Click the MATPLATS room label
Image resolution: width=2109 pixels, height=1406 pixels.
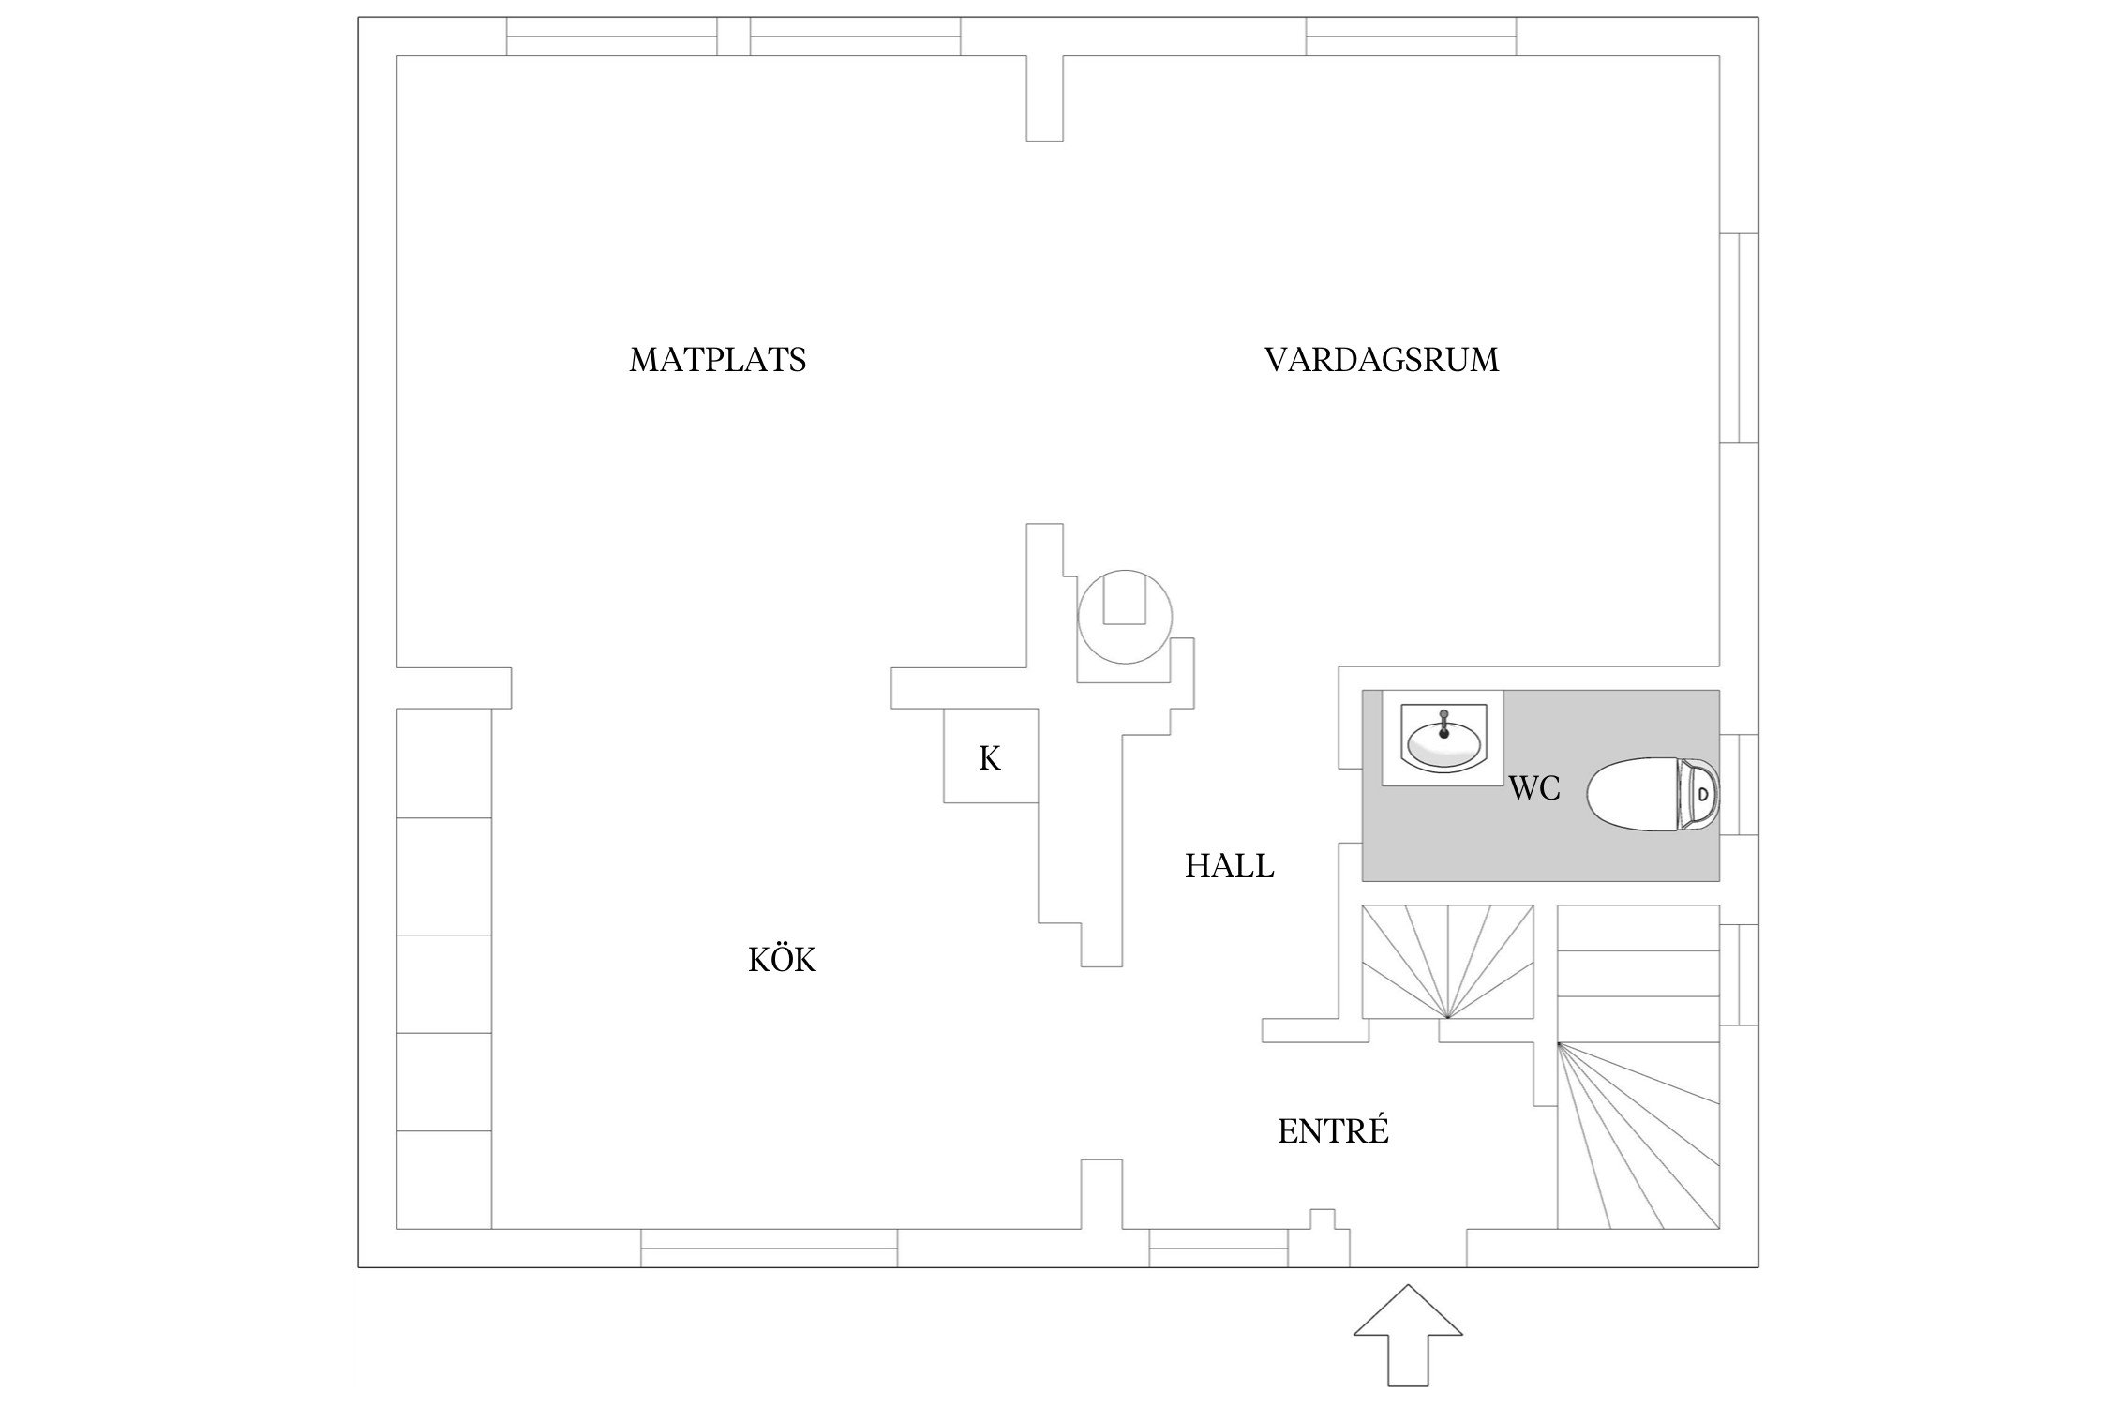click(x=717, y=360)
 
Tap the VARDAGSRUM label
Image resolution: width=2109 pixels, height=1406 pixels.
click(x=1381, y=360)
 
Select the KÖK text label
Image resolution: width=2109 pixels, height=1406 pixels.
click(x=782, y=960)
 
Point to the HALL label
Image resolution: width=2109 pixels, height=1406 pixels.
click(x=1229, y=866)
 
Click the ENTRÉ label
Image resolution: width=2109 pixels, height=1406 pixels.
click(x=1332, y=1132)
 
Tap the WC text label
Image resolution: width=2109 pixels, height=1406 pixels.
click(x=1534, y=789)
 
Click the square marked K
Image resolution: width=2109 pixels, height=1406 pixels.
click(x=990, y=756)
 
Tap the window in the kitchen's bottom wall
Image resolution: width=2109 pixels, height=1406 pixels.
click(x=769, y=1248)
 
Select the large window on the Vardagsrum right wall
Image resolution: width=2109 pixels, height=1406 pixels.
click(x=1739, y=337)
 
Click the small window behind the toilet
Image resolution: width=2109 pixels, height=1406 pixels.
click(x=1739, y=785)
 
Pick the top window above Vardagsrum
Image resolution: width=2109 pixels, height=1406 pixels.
click(x=1411, y=37)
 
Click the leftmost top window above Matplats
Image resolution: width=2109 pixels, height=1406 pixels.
click(x=612, y=37)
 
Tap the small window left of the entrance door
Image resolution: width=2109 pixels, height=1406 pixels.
click(x=1219, y=1248)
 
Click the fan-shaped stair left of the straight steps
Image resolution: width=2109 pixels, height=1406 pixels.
click(x=1447, y=961)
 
